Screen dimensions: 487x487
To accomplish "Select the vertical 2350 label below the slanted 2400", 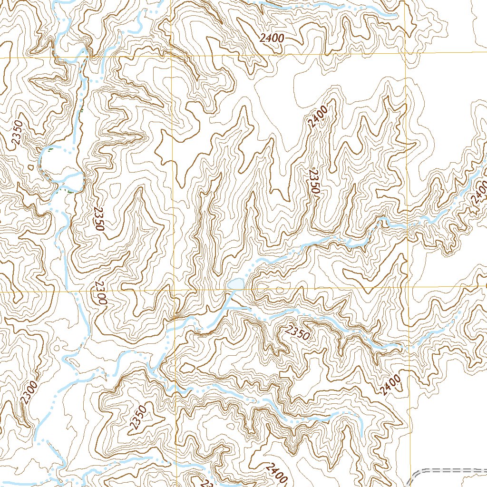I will [x=312, y=181].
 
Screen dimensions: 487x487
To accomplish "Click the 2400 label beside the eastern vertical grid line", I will [x=390, y=385].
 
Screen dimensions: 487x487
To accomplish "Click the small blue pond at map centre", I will [x=236, y=284].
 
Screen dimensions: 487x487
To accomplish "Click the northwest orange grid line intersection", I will [x=171, y=56].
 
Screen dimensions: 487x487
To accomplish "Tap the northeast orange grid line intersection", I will [x=405, y=53].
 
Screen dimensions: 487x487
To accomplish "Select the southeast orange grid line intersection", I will [x=408, y=287].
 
